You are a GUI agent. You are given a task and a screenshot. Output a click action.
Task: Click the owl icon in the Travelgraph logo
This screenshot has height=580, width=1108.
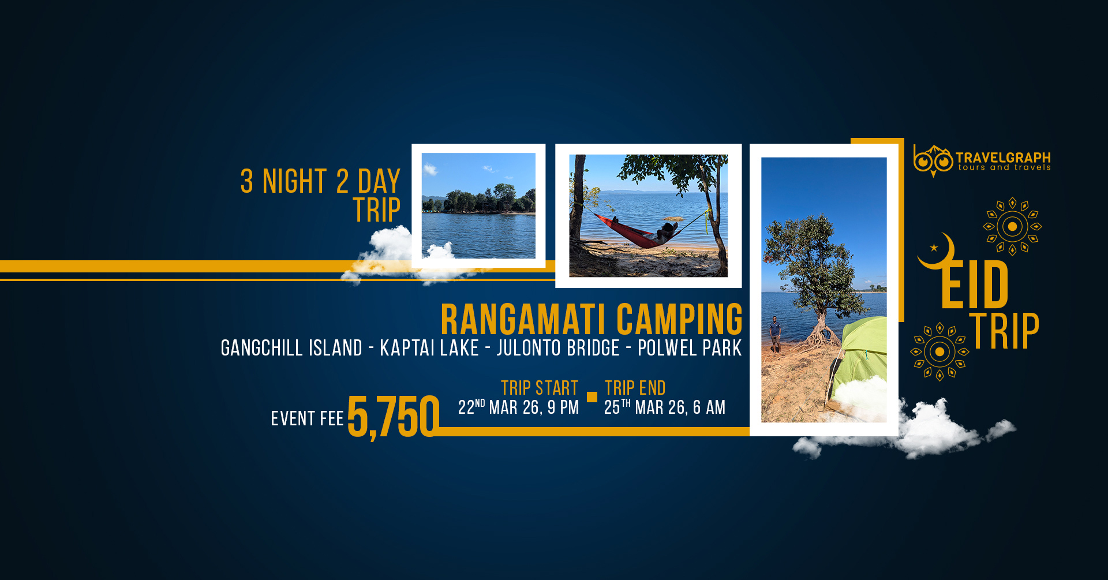933,160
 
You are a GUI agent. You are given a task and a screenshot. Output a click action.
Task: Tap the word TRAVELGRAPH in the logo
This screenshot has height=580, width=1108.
1003,158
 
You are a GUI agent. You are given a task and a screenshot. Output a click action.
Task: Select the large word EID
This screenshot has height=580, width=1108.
975,285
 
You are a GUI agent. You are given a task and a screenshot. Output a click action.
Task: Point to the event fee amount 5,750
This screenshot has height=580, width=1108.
393,416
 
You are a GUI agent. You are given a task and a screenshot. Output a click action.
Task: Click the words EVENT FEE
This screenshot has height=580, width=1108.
307,418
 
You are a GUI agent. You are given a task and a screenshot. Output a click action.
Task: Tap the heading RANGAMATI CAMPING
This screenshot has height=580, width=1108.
592,319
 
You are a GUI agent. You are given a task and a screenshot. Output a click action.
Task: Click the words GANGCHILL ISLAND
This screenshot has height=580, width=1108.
291,348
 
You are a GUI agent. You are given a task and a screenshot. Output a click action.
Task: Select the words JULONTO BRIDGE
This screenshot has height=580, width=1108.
558,348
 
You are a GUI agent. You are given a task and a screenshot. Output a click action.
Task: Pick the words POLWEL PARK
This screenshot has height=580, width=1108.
690,348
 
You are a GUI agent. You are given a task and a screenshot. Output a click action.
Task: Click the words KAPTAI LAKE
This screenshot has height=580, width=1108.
429,348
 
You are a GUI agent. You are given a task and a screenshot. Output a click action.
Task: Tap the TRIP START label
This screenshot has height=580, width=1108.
540,388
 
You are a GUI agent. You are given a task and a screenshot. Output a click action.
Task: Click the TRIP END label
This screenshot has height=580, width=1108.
635,388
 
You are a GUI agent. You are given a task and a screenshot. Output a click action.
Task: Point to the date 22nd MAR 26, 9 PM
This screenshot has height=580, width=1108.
518,407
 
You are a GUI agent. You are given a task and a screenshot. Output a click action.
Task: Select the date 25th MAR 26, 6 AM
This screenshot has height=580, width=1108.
665,407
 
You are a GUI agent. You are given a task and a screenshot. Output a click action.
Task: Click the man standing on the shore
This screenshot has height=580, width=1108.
775,334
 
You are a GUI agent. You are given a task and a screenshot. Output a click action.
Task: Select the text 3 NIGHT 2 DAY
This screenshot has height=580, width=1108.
320,181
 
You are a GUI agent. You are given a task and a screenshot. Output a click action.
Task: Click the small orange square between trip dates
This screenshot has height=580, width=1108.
592,396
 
